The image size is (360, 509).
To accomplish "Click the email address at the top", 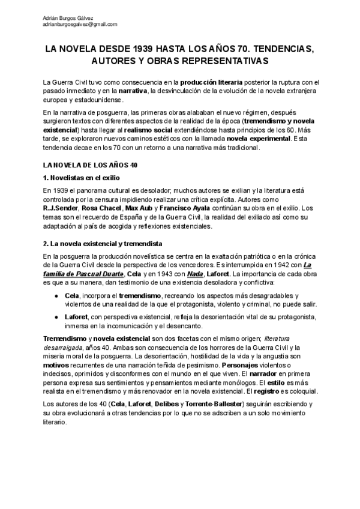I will click(x=80, y=25).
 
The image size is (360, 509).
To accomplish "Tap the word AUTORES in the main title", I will click(x=115, y=61).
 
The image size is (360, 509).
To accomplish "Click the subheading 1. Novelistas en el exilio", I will click(x=82, y=178).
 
